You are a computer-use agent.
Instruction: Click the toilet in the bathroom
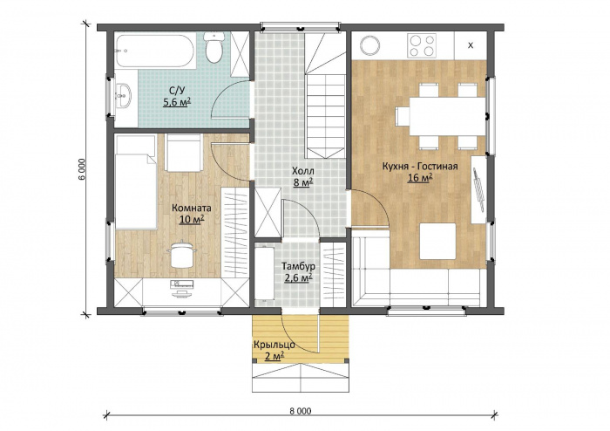[x=214, y=47]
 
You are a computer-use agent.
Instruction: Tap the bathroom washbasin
[x=124, y=95]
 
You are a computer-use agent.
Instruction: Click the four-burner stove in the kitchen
[x=422, y=45]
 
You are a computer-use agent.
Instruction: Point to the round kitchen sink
[x=370, y=45]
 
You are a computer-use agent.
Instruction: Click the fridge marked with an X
[x=471, y=45]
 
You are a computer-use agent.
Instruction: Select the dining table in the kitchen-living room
[x=447, y=116]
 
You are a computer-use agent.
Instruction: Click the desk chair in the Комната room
[x=181, y=254]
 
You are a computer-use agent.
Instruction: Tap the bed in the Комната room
[x=136, y=181]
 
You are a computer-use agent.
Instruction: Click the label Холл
[x=303, y=171]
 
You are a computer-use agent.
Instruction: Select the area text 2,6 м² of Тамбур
[x=299, y=278]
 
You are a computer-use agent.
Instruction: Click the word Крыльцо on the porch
[x=274, y=345]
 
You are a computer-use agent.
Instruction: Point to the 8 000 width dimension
[x=301, y=411]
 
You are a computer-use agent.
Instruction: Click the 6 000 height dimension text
[x=81, y=169]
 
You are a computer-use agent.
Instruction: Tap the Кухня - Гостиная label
[x=420, y=167]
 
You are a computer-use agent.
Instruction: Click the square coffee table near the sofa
[x=437, y=242]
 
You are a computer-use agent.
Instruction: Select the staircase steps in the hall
[x=325, y=95]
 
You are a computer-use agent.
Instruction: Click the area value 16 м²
[x=420, y=178]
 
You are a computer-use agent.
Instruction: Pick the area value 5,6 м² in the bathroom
[x=177, y=102]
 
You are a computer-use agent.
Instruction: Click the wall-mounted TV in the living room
[x=478, y=189]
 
